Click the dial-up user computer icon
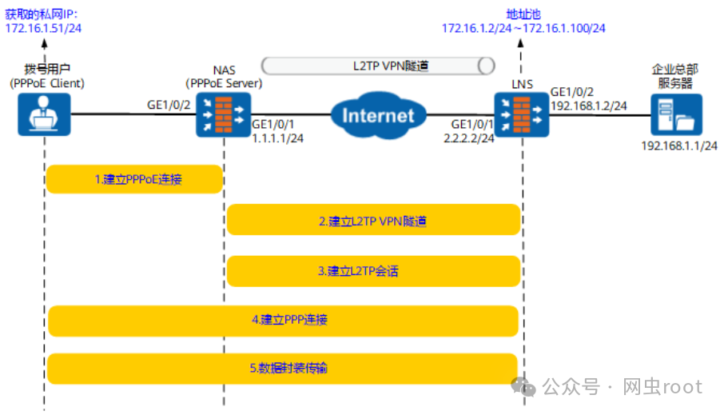[44, 114]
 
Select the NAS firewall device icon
[223, 114]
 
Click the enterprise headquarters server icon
[675, 114]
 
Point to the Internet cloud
[378, 115]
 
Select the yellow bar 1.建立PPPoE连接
[133, 179]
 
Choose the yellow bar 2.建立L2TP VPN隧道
[372, 220]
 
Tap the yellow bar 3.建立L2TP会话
[372, 271]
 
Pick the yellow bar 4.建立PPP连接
[284, 320]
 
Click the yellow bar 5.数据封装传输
[284, 369]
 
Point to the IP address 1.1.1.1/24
[277, 138]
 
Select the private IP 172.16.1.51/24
[44, 28]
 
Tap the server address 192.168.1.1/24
[679, 145]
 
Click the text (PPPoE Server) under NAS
[224, 83]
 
